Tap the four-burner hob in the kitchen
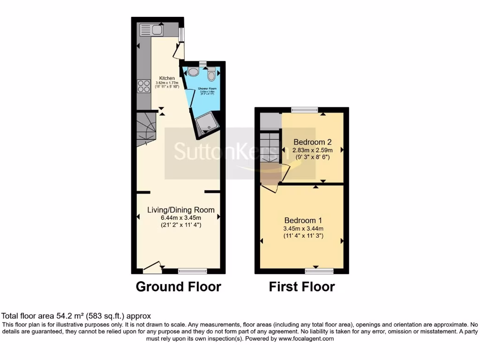tap(143, 86)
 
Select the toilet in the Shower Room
tap(211, 75)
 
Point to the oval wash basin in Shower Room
tap(193, 72)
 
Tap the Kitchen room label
tap(167, 78)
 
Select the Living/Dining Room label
tap(181, 210)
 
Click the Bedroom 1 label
tap(303, 220)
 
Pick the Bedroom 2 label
tap(313, 142)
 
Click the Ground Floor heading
tap(178, 286)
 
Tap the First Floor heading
tap(302, 286)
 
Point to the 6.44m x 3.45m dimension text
tap(181, 217)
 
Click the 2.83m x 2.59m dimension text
tap(313, 150)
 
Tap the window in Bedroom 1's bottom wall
tap(319, 271)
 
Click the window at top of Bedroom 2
tap(304, 110)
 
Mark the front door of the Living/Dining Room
tap(152, 268)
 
